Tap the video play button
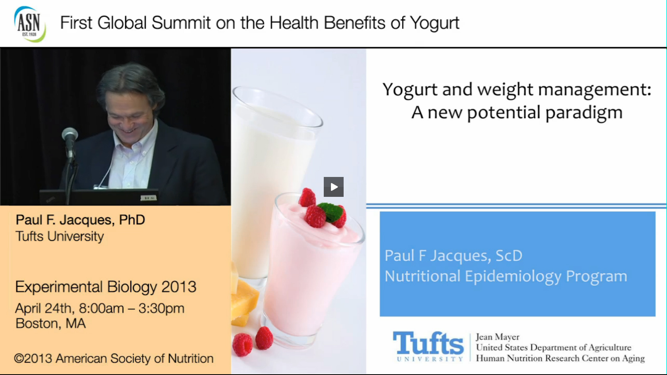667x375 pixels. (334, 187)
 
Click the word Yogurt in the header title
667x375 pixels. (435, 23)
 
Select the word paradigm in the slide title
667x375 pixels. (584, 113)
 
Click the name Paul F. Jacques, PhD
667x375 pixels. (80, 220)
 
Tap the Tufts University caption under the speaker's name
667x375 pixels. (60, 236)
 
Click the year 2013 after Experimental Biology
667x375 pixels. (179, 286)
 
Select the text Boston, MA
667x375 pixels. (50, 323)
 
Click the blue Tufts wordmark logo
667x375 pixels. (428, 346)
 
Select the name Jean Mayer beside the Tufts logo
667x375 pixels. (497, 337)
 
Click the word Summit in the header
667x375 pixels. (181, 23)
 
